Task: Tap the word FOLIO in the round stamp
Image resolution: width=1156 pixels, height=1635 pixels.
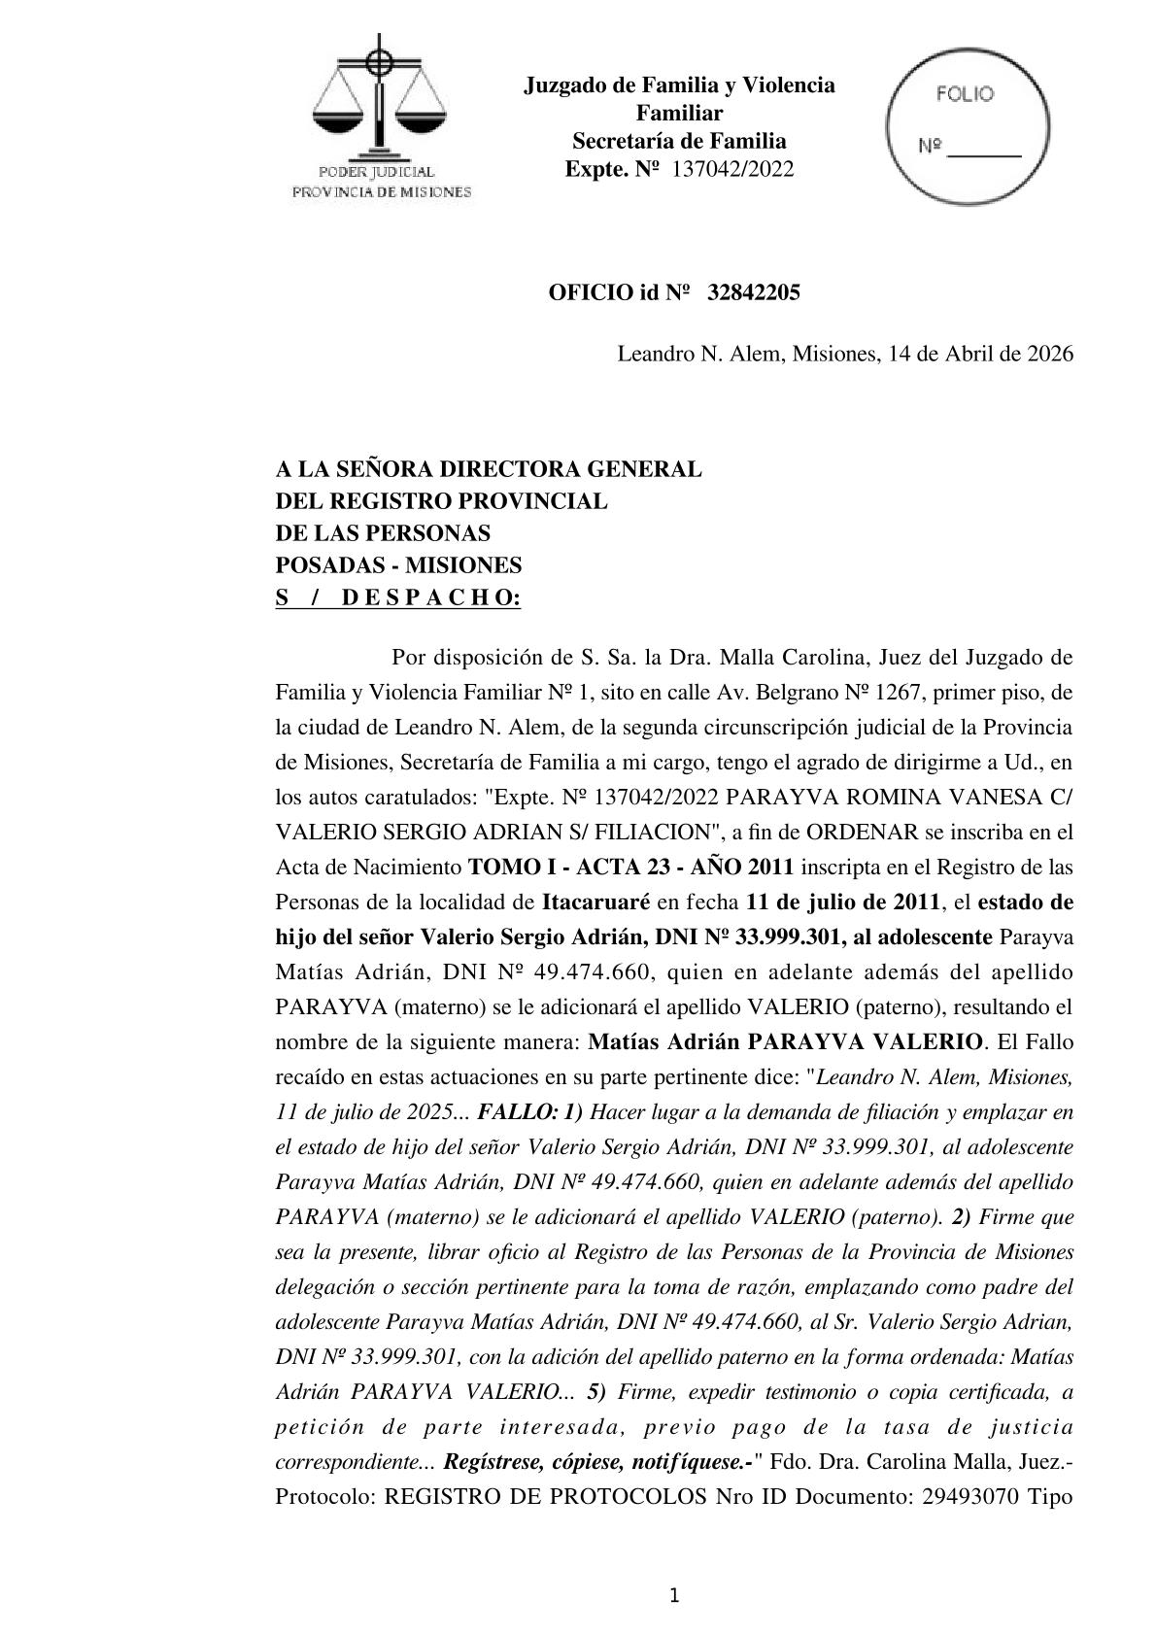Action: click(965, 94)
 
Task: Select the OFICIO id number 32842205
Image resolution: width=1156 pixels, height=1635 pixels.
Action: click(754, 293)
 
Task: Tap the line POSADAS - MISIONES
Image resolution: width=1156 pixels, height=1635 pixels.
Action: click(398, 565)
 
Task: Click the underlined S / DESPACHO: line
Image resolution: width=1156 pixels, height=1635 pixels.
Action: click(398, 598)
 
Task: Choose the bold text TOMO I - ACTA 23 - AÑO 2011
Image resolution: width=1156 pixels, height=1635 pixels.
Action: click(630, 868)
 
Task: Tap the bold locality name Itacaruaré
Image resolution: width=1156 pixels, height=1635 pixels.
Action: click(595, 903)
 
